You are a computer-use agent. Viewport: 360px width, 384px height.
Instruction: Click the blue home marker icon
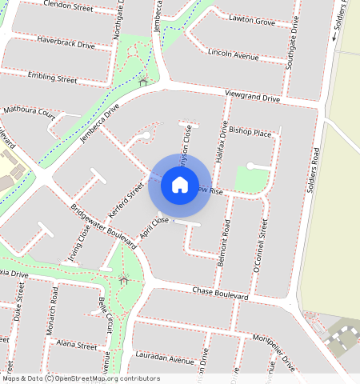tap(180, 186)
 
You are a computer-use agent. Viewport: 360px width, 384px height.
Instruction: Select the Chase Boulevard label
tap(221, 292)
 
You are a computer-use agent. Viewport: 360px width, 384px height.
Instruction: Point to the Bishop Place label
tap(250, 130)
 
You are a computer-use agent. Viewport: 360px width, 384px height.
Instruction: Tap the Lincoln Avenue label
tap(233, 54)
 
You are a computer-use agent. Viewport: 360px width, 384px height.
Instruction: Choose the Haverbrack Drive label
tap(66, 42)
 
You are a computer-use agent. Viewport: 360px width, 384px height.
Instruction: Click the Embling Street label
tap(52, 78)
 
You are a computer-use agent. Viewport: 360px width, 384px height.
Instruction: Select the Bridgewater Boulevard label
tap(105, 230)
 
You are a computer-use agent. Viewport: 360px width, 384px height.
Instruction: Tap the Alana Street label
tap(77, 344)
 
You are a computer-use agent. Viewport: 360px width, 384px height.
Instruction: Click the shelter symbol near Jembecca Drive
tap(143, 82)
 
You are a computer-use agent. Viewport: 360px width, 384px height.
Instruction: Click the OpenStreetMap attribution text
tap(82, 378)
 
